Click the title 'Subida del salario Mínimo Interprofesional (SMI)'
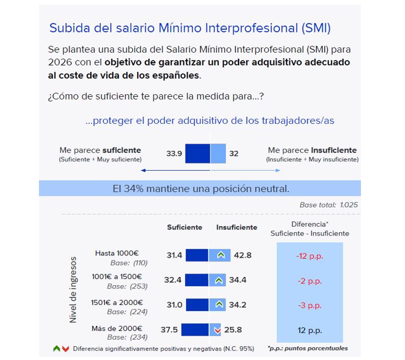tap(190, 28)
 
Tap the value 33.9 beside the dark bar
tap(174, 154)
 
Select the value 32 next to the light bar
tap(234, 154)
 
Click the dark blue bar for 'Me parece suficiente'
tap(197, 154)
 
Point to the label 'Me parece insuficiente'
tap(312, 150)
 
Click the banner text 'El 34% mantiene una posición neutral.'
tap(200, 189)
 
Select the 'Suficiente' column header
tap(185, 227)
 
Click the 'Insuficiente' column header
tap(236, 227)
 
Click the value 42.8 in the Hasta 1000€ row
tap(242, 255)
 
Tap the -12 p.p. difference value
tap(309, 255)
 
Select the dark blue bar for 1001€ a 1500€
tap(197, 280)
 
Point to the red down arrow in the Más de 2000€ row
tap(217, 330)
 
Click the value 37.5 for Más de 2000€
tap(169, 330)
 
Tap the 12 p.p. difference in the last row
tap(309, 330)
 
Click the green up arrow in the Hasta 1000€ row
tap(220, 255)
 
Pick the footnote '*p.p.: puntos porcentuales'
tap(307, 348)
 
